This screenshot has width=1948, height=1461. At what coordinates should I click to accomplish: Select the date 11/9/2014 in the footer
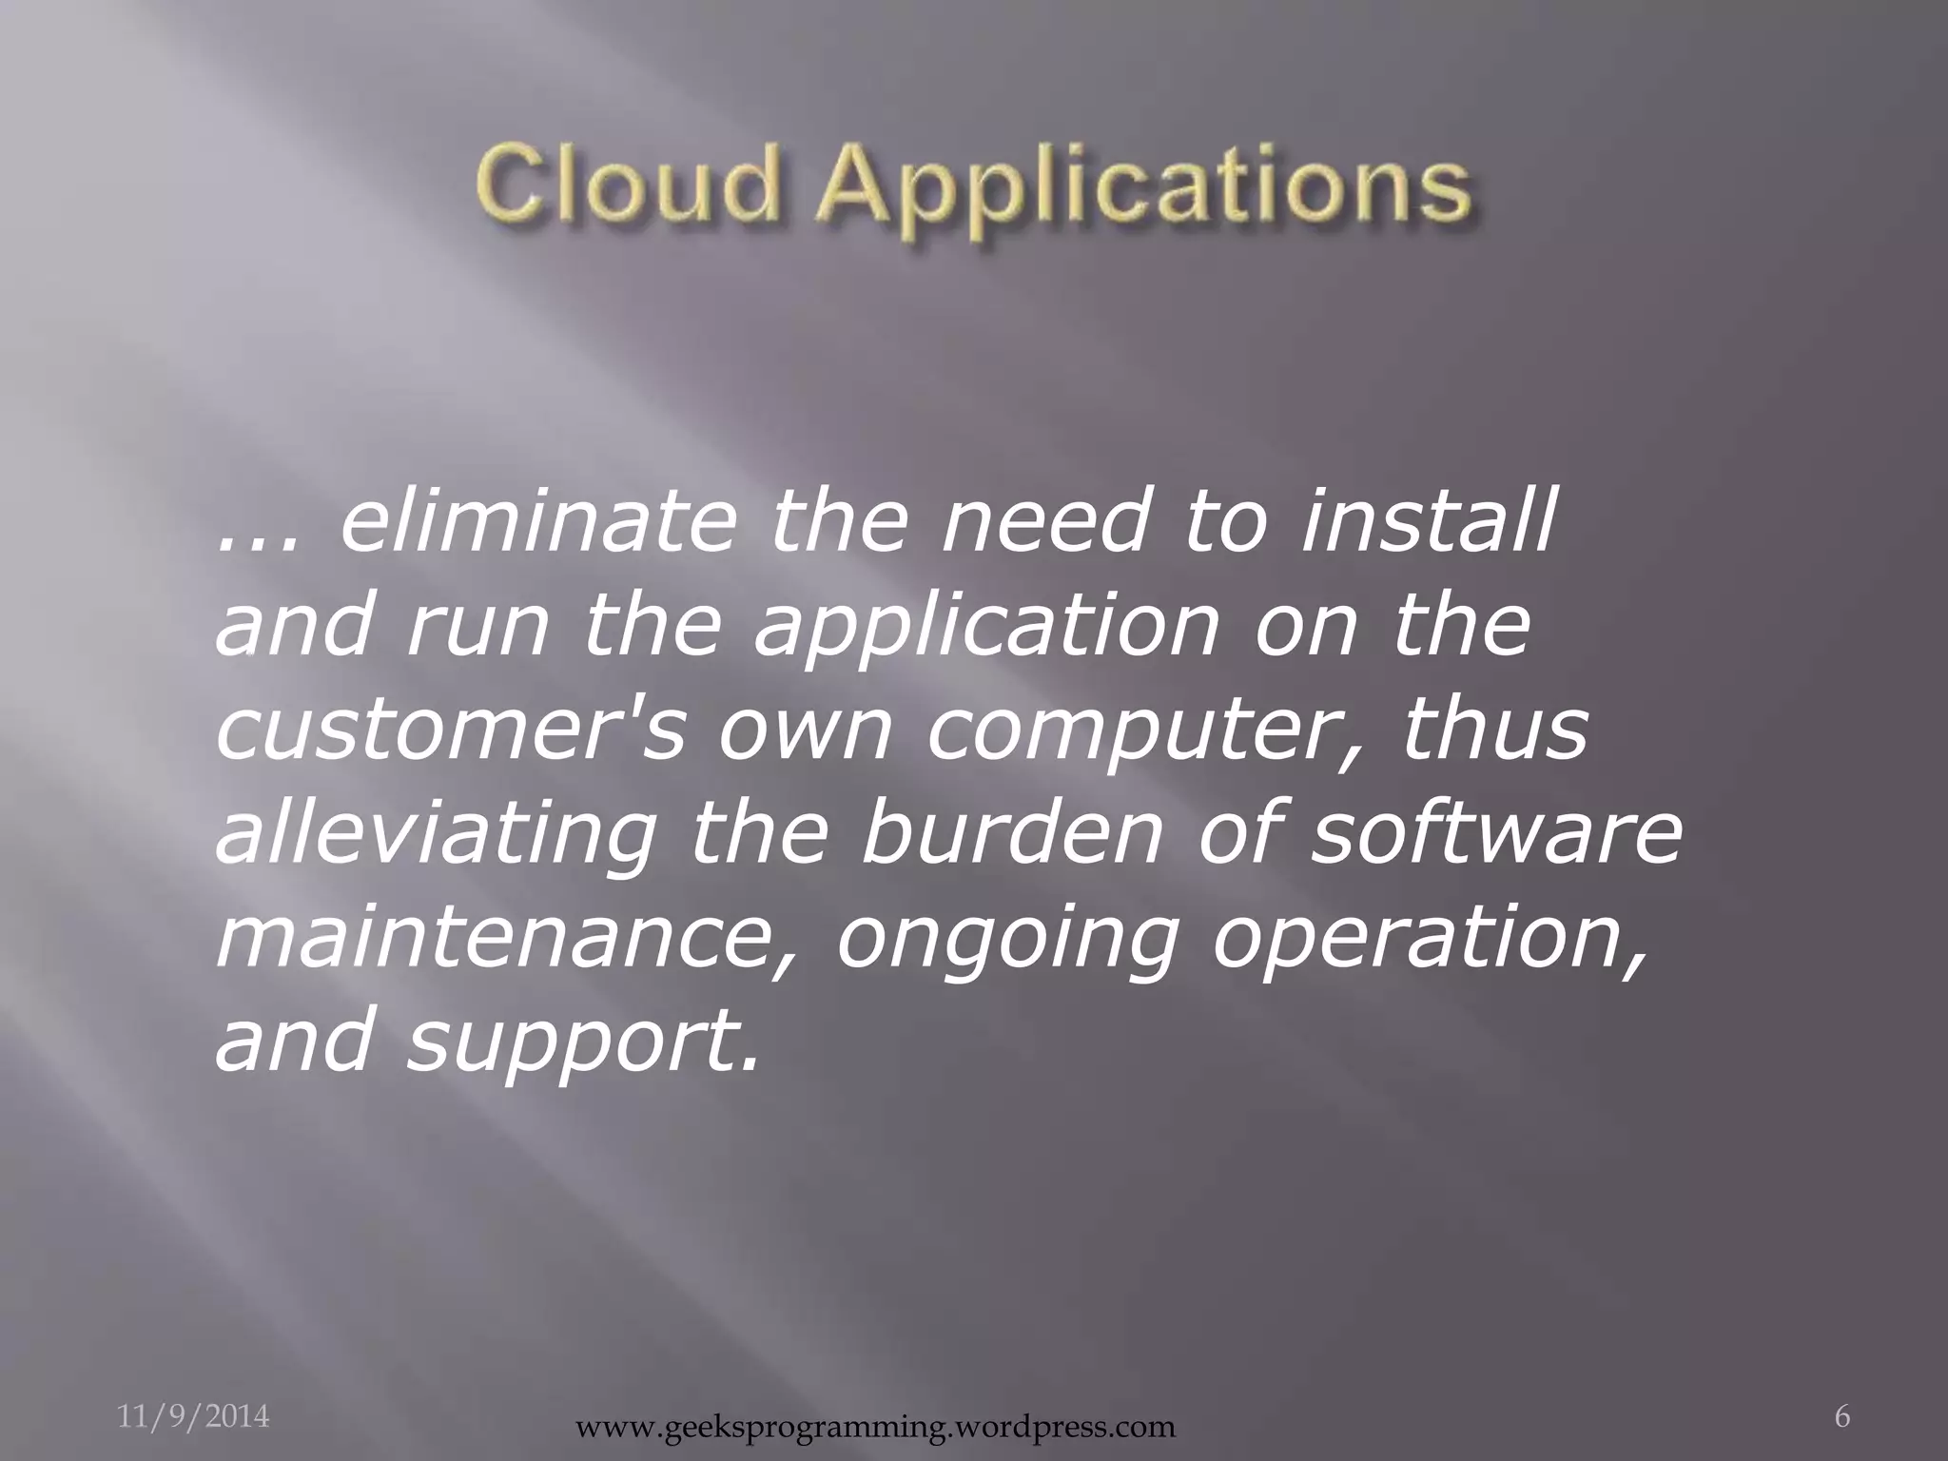[194, 1391]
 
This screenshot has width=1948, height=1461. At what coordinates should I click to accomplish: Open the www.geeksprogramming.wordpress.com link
[876, 1427]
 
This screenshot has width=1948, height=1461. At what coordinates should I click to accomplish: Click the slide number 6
[1841, 1391]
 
